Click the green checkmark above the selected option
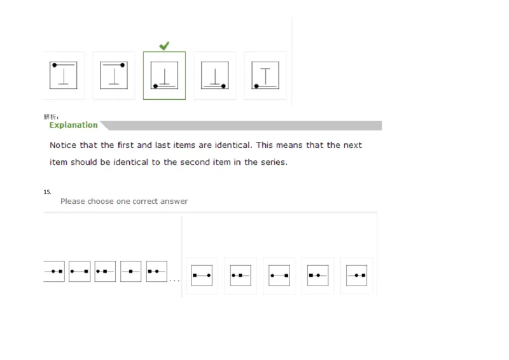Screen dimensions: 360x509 pyautogui.click(x=164, y=46)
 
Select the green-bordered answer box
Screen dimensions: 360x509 pyautogui.click(x=164, y=76)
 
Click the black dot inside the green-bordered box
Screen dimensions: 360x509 pyautogui.click(x=156, y=86)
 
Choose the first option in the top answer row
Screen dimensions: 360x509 pyautogui.click(x=64, y=76)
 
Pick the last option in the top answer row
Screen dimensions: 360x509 pyautogui.click(x=265, y=76)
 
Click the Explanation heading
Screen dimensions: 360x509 pyautogui.click(x=74, y=125)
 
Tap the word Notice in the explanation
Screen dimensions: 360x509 pyautogui.click(x=64, y=145)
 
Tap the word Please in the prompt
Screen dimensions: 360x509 pyautogui.click(x=73, y=202)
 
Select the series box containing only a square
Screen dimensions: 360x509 pyautogui.click(x=131, y=272)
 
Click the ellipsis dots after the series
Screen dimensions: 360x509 pyautogui.click(x=174, y=280)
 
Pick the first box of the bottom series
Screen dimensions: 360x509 pyautogui.click(x=54, y=272)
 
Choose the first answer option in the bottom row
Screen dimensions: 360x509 pyautogui.click(x=202, y=275)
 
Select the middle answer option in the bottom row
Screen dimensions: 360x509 pyautogui.click(x=279, y=275)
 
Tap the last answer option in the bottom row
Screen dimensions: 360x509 pyautogui.click(x=356, y=275)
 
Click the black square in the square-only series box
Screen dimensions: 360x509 pyautogui.click(x=130, y=272)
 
